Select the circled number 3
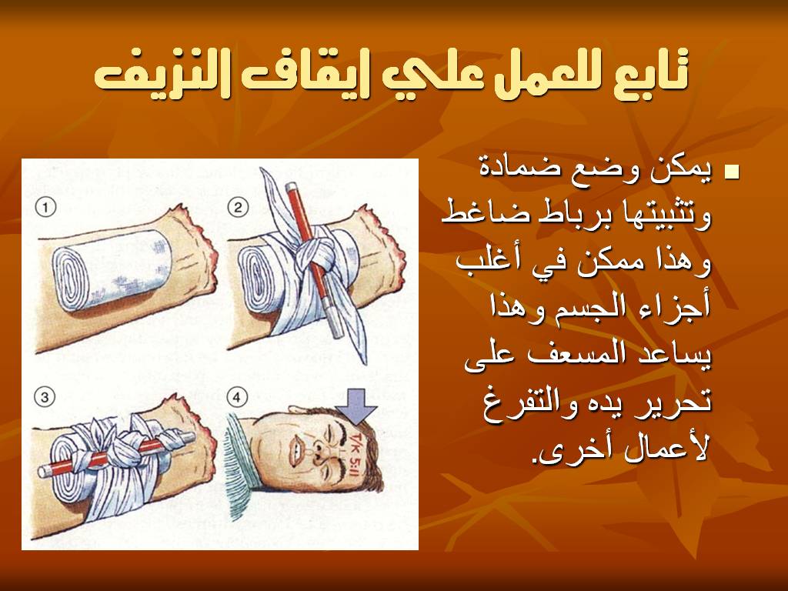(x=44, y=398)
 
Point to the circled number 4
(x=237, y=398)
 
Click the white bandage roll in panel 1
(x=112, y=269)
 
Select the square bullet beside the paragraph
(x=733, y=172)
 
